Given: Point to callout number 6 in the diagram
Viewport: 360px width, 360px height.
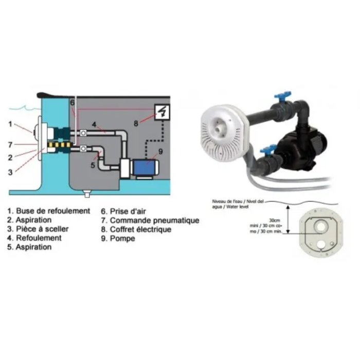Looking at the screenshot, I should (x=72, y=103).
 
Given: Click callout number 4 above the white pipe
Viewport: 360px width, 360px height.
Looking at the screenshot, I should (x=94, y=124).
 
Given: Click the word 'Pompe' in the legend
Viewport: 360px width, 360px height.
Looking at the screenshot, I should (x=122, y=239).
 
